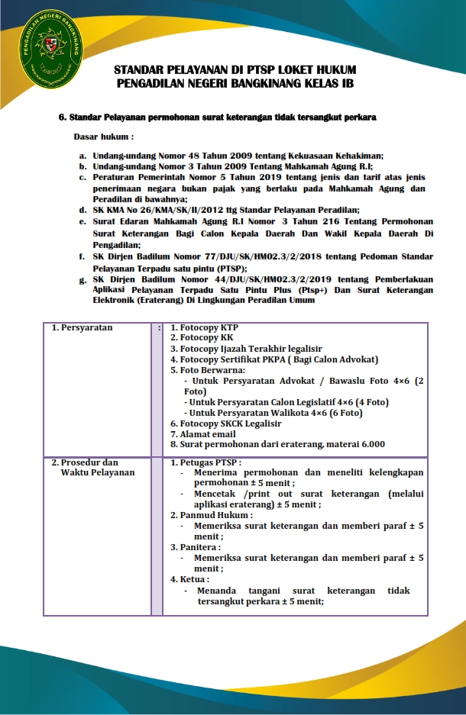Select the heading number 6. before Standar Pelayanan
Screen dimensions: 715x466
[63, 118]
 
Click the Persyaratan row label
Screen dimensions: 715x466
[83, 327]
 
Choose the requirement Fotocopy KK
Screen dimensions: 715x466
[205, 337]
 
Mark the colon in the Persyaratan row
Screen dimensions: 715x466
[158, 328]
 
